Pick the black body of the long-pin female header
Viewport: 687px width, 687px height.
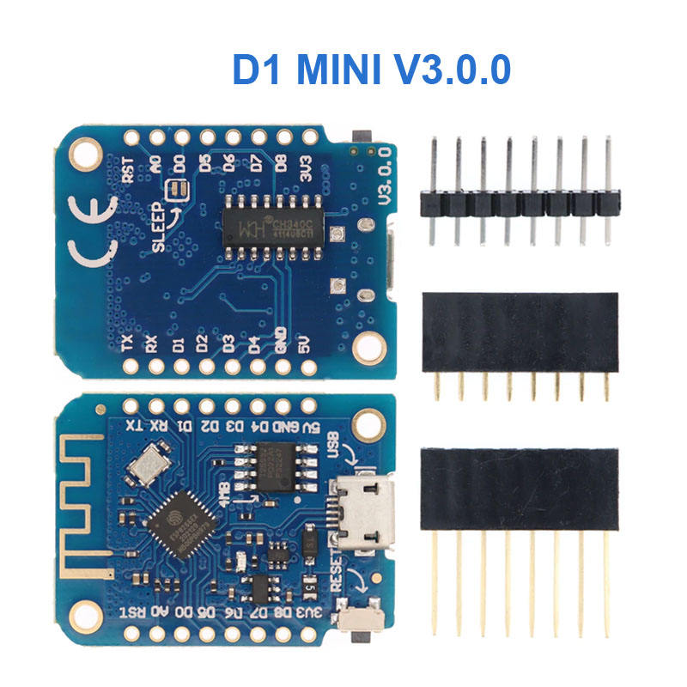(520, 488)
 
